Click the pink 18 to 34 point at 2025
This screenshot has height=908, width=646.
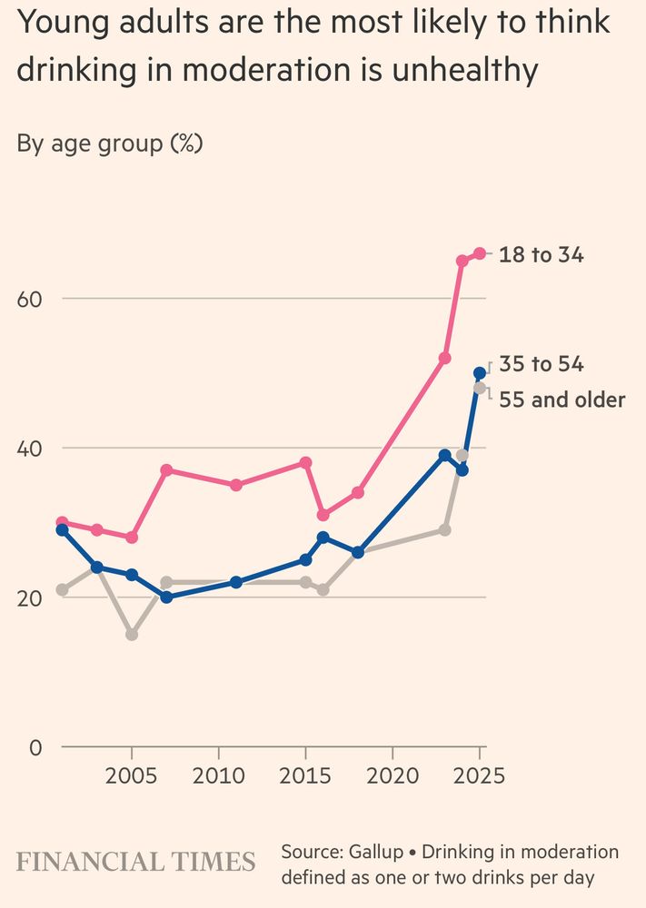(480, 253)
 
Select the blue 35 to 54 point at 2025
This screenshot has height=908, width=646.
(480, 373)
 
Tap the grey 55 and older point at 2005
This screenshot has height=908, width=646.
(132, 635)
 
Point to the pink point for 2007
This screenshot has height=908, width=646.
(166, 470)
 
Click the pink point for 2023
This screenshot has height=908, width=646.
(445, 358)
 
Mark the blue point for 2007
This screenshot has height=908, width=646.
(166, 597)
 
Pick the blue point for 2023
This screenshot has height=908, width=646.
(445, 455)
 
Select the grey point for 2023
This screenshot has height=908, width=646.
(445, 529)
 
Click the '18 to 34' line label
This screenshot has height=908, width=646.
(542, 255)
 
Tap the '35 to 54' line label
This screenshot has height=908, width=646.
(542, 365)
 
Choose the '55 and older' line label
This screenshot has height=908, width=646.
(562, 400)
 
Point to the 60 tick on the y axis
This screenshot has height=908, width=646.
(30, 299)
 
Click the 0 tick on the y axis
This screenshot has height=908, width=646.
(36, 747)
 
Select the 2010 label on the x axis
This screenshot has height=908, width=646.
(218, 776)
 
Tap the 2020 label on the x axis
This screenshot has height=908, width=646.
(393, 776)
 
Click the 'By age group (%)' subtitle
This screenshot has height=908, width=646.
(110, 143)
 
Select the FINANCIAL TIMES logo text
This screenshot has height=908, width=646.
(136, 862)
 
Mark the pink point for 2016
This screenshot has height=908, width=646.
(323, 515)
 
